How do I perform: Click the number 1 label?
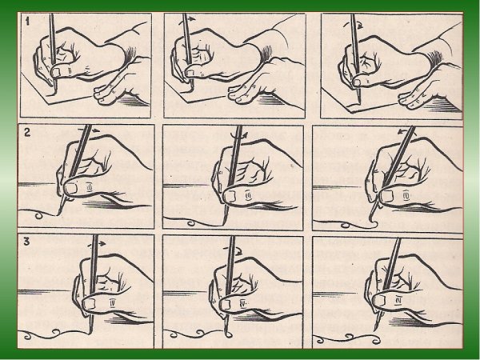pyautogui.click(x=27, y=22)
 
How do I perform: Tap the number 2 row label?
pyautogui.click(x=27, y=133)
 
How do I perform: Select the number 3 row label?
pyautogui.click(x=27, y=242)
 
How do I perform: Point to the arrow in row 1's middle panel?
pyautogui.click(x=186, y=20)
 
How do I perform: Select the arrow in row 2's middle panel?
pyautogui.click(x=238, y=135)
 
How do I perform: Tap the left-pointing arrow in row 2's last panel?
pyautogui.click(x=406, y=132)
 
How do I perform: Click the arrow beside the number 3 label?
pyautogui.click(x=97, y=244)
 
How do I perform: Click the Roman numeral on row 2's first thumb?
pyautogui.click(x=90, y=186)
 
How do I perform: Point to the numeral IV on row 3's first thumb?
pyautogui.click(x=112, y=303)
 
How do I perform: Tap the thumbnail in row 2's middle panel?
pyautogui.click(x=230, y=196)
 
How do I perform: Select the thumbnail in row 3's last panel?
pyautogui.click(x=379, y=301)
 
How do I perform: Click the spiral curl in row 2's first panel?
pyautogui.click(x=39, y=216)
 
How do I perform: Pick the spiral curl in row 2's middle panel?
pyautogui.click(x=190, y=223)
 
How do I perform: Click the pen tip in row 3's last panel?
pyautogui.click(x=374, y=329)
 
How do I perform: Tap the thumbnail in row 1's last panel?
pyautogui.click(x=357, y=82)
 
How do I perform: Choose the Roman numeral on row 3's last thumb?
pyautogui.click(x=398, y=302)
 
